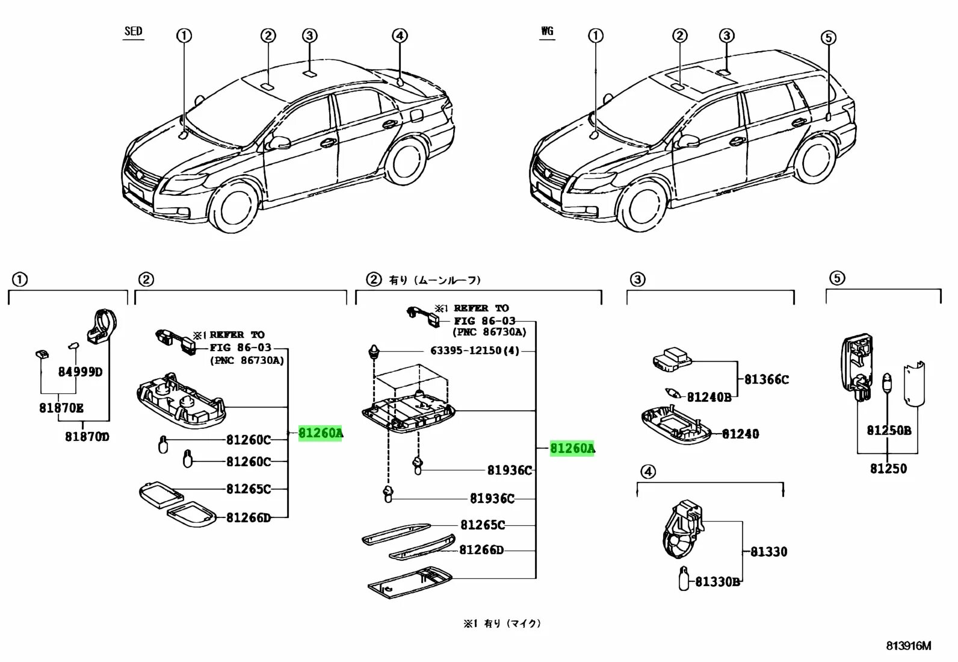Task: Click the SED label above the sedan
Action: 133,31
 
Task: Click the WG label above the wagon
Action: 546,31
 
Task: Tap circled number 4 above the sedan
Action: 400,36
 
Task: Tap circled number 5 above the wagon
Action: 828,38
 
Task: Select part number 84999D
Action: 80,372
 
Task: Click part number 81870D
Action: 87,436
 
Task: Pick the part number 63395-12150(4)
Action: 474,351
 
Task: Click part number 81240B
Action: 709,397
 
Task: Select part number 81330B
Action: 717,582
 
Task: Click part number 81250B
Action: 889,431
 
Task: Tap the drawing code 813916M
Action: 908,646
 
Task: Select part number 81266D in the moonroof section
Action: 481,550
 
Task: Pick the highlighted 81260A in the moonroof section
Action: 572,449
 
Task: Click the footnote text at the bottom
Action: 502,624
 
